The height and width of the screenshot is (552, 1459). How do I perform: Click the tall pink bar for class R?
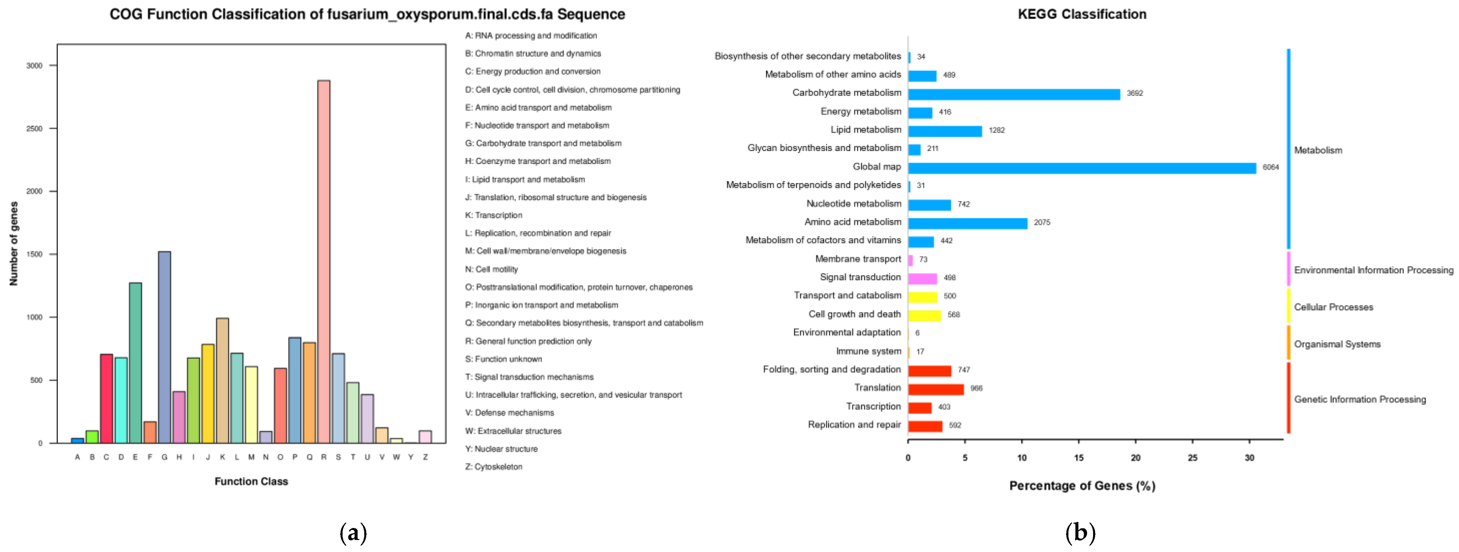[324, 261]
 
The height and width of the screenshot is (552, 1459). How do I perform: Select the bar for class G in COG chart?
[164, 347]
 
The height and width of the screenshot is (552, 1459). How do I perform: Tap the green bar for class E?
[135, 363]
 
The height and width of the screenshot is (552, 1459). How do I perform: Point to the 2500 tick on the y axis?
[34, 129]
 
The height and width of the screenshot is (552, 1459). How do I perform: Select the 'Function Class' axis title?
[251, 481]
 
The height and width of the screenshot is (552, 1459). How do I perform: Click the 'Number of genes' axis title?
[14, 244]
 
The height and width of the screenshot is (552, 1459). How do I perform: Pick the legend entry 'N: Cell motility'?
[491, 269]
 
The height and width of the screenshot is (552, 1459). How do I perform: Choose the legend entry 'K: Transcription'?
[493, 215]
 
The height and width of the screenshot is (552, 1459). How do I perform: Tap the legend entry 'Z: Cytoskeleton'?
[493, 467]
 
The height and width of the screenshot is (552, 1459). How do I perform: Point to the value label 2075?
[1042, 222]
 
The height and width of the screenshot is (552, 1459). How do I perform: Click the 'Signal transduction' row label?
[860, 277]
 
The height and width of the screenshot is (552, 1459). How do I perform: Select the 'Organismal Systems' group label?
[1337, 344]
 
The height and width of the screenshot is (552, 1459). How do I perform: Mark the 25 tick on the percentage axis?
[1192, 457]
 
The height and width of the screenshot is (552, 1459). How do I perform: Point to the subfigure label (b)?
[1080, 533]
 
